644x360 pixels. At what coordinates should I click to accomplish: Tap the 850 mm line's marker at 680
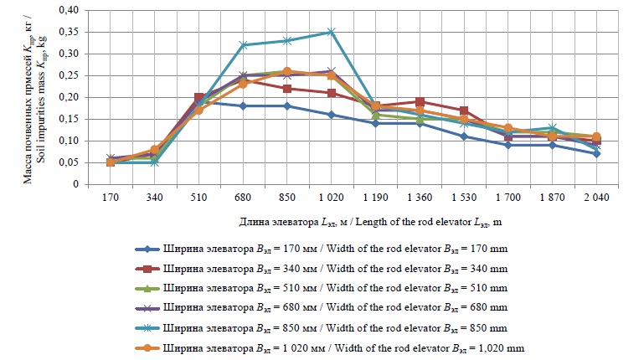(243, 45)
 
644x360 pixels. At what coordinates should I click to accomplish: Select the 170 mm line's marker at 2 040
(596, 153)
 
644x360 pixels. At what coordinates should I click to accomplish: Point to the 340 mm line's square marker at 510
(199, 97)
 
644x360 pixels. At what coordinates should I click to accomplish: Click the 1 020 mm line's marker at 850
(287, 71)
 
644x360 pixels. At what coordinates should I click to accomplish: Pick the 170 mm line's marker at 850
(287, 105)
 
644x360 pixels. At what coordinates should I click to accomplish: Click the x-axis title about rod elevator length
(356, 223)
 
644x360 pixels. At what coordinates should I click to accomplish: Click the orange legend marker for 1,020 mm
(149, 347)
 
